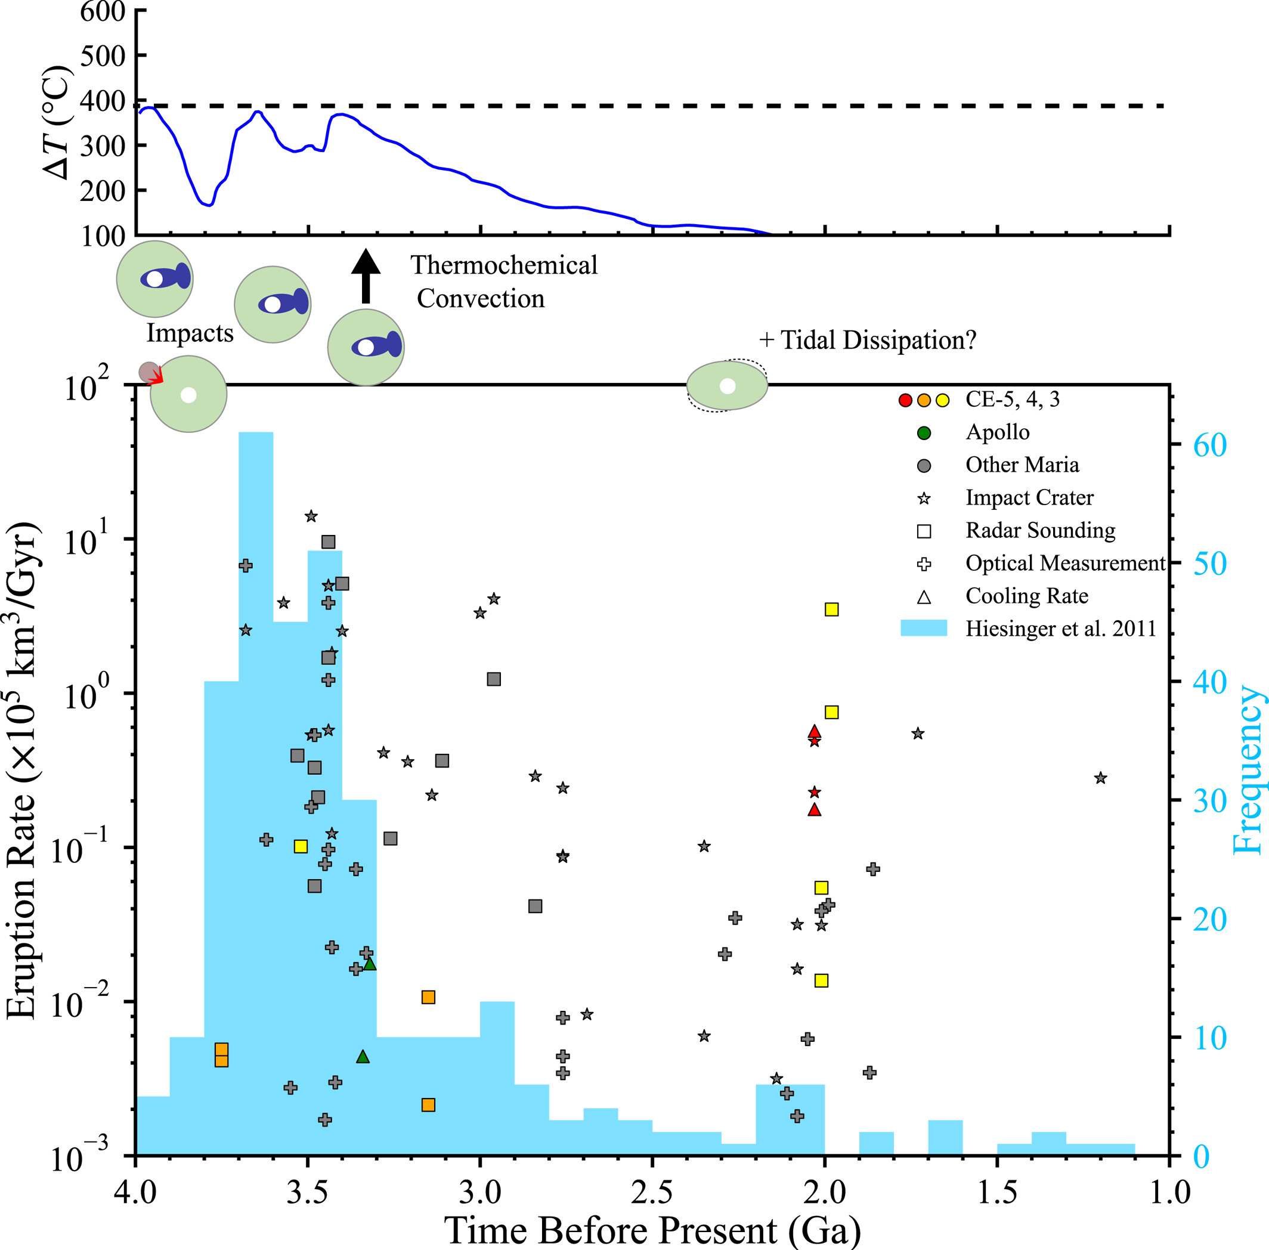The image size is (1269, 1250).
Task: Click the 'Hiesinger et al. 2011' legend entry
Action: point(1060,629)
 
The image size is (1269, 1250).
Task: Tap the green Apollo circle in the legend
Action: point(924,432)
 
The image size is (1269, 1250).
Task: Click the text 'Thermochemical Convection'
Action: point(503,281)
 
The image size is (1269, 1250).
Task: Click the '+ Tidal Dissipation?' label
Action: point(867,340)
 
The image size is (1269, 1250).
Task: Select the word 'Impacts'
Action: point(190,333)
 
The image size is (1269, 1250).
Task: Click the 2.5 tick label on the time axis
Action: point(652,1192)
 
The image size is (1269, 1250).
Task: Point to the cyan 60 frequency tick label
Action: point(1209,445)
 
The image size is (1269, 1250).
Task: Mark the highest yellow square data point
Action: point(831,609)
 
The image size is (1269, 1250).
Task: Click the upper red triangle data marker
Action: point(814,731)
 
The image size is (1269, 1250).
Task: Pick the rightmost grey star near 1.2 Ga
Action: point(1101,778)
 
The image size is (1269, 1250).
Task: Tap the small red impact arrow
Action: point(156,376)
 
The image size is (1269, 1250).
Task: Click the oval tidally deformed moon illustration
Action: point(727,386)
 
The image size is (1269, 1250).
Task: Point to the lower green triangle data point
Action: point(363,1056)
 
